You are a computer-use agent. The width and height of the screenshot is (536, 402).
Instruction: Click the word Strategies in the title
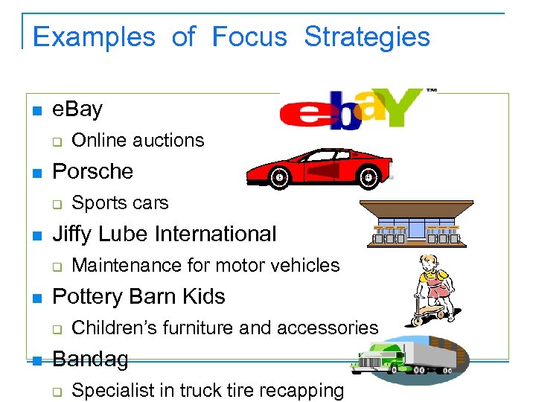click(367, 36)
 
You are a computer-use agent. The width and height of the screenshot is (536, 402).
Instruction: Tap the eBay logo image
click(353, 109)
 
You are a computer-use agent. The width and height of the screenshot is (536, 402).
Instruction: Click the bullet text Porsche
click(93, 171)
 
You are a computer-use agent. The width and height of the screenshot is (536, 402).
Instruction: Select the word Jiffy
click(74, 234)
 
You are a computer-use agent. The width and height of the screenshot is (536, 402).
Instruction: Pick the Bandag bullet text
click(90, 359)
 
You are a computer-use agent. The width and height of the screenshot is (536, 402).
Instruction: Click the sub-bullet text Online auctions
click(138, 140)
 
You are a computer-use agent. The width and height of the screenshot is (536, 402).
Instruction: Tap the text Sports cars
click(120, 202)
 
